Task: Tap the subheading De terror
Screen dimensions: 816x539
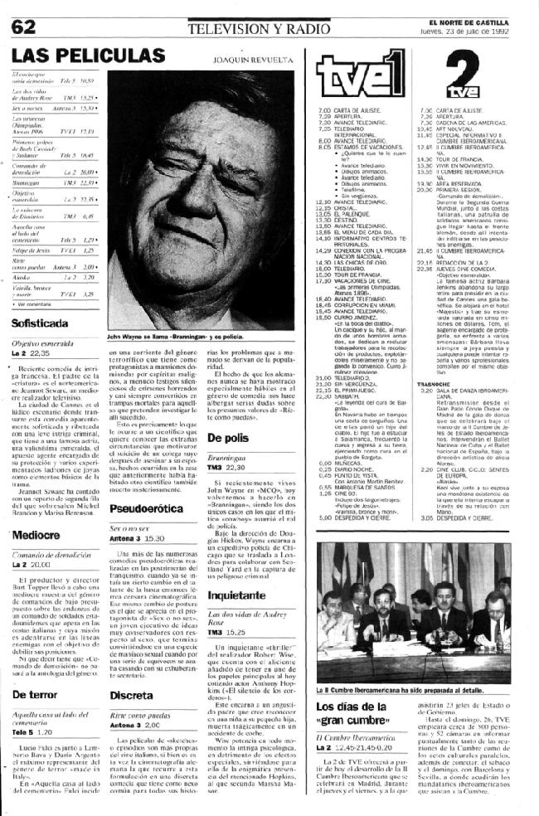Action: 36,712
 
